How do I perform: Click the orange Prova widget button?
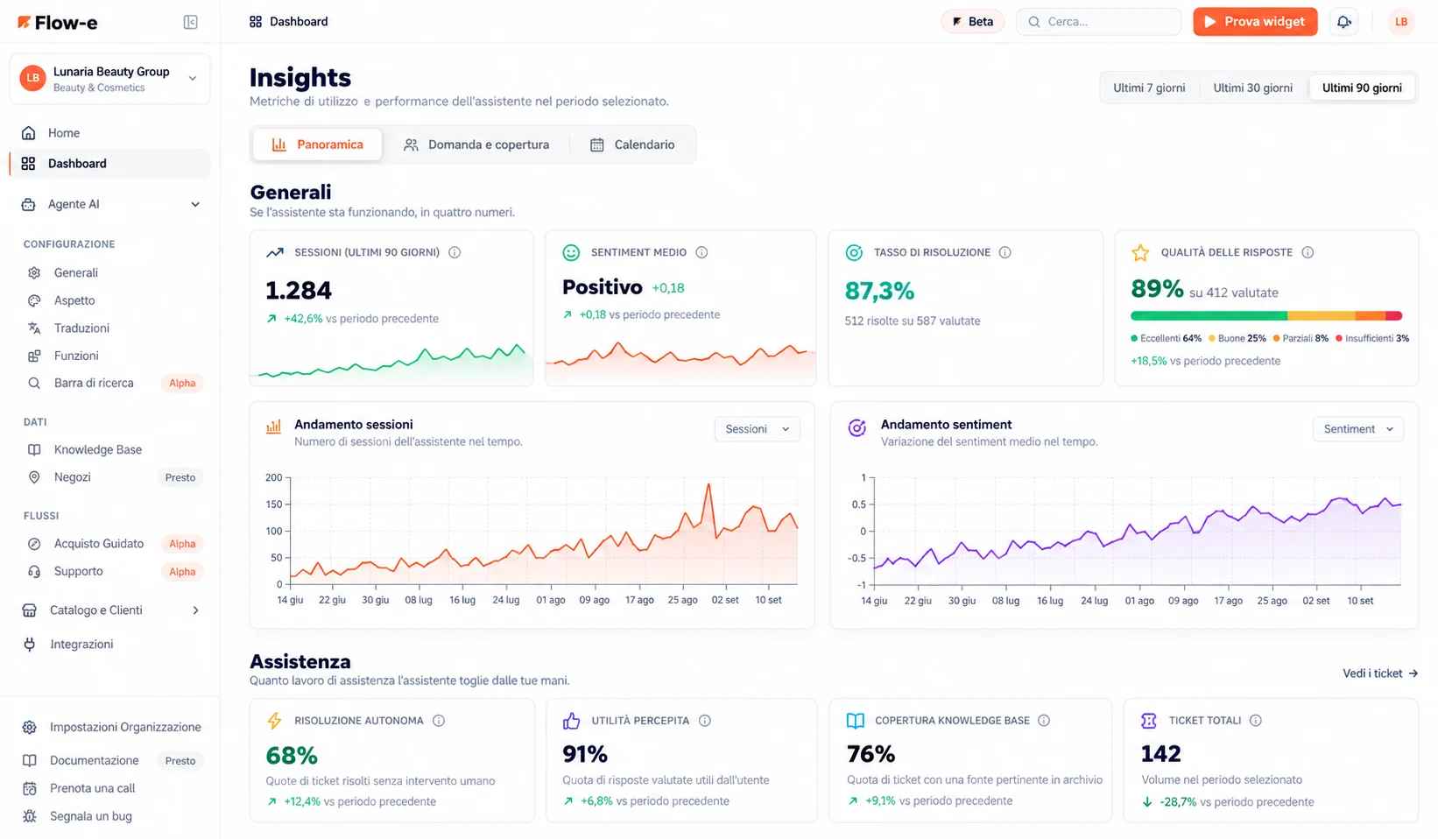tap(1255, 22)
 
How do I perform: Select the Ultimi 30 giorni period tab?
tap(1252, 88)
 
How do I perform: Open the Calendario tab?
tap(632, 145)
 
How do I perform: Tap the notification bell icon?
tap(1343, 22)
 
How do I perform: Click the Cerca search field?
tap(1098, 22)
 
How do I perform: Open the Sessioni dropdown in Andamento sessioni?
tap(757, 429)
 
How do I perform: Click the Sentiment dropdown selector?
tap(1357, 429)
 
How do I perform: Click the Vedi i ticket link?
tap(1380, 673)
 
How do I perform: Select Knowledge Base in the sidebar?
tap(97, 449)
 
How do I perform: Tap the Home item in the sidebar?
tap(64, 133)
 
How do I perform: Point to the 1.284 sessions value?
tap(299, 290)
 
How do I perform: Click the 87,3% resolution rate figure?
tap(879, 291)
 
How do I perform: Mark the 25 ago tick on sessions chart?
tap(682, 600)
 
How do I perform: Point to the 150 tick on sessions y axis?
tap(274, 504)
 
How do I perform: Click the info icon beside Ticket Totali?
tap(1256, 720)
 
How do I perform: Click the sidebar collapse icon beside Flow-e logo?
tap(191, 23)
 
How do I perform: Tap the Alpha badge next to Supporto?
tap(181, 571)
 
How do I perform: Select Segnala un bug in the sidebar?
tap(90, 816)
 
